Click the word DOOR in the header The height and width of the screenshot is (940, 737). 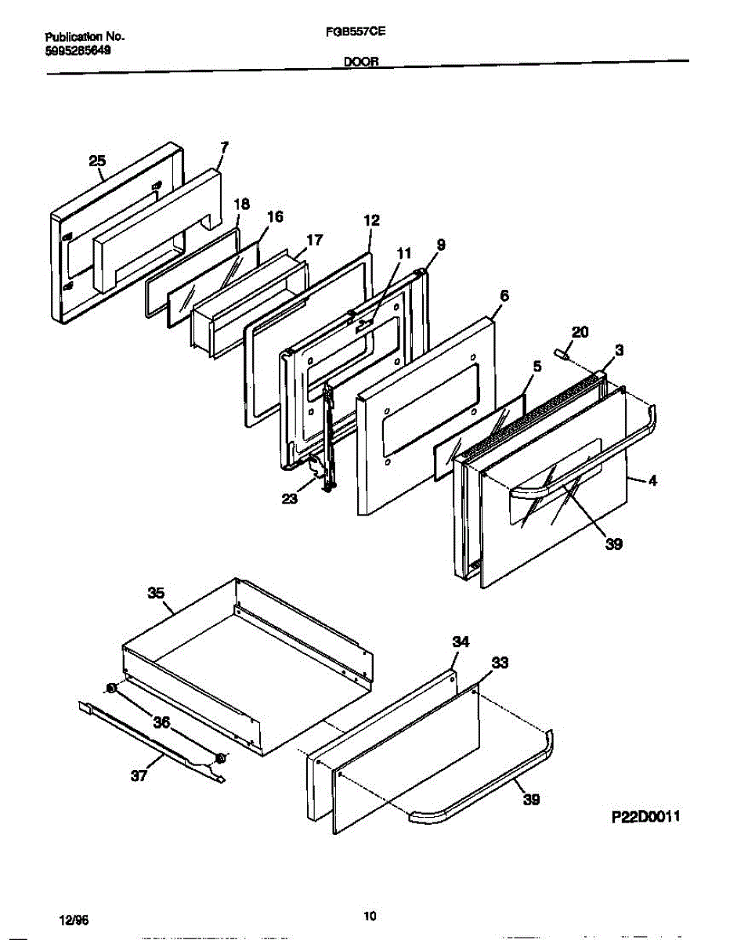tap(361, 66)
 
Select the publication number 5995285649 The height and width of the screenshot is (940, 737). tap(78, 49)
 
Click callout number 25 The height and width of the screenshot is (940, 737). tap(96, 161)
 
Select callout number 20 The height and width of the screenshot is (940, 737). tap(580, 332)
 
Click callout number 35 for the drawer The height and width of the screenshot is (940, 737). tap(157, 593)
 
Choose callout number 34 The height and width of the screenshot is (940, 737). tap(461, 642)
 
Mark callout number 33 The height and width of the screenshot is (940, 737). tap(499, 663)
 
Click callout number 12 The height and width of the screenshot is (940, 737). tap(371, 221)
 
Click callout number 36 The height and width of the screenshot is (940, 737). tap(161, 723)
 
